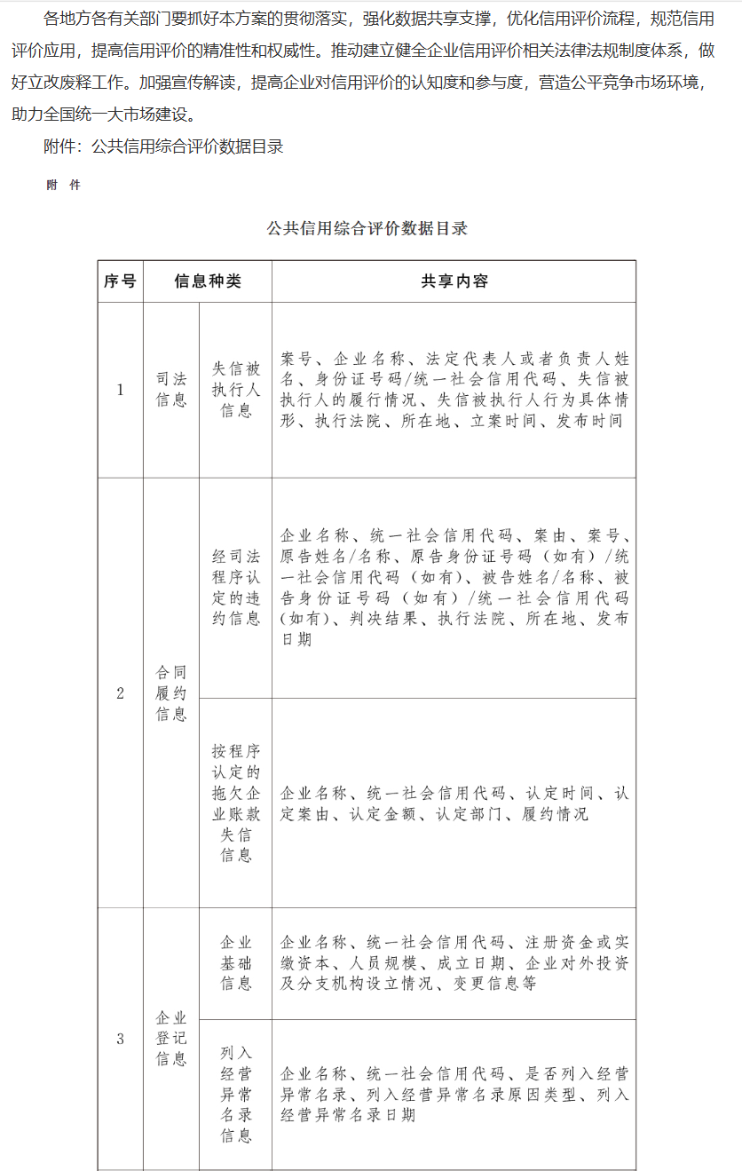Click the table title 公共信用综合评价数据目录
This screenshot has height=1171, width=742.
tap(367, 228)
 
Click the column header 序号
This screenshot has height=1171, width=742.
tap(120, 281)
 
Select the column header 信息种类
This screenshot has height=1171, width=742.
tap(208, 281)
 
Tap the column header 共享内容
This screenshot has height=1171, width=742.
tap(454, 281)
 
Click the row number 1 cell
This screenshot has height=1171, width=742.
tap(120, 390)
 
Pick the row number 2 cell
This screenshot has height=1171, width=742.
tap(120, 693)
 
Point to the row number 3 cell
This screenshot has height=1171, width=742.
tap(120, 1039)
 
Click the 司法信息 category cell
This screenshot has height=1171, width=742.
tap(171, 390)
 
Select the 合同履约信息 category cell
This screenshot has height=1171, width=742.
tap(171, 693)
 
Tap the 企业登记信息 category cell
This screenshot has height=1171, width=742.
tap(171, 1039)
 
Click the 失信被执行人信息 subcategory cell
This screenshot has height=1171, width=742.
tap(236, 390)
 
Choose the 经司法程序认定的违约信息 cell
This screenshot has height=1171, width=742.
tap(236, 588)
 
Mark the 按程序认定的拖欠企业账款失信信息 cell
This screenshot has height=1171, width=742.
tap(236, 803)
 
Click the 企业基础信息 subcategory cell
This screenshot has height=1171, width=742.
tap(236, 963)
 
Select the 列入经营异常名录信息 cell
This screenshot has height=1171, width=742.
tap(236, 1095)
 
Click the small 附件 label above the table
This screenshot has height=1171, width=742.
tap(63, 186)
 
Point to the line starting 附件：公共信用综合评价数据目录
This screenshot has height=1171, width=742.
tap(163, 146)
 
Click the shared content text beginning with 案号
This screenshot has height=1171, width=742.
tap(454, 390)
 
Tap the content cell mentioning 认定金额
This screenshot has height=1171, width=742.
tap(454, 803)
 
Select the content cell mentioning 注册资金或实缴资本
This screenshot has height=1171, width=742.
tap(454, 963)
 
